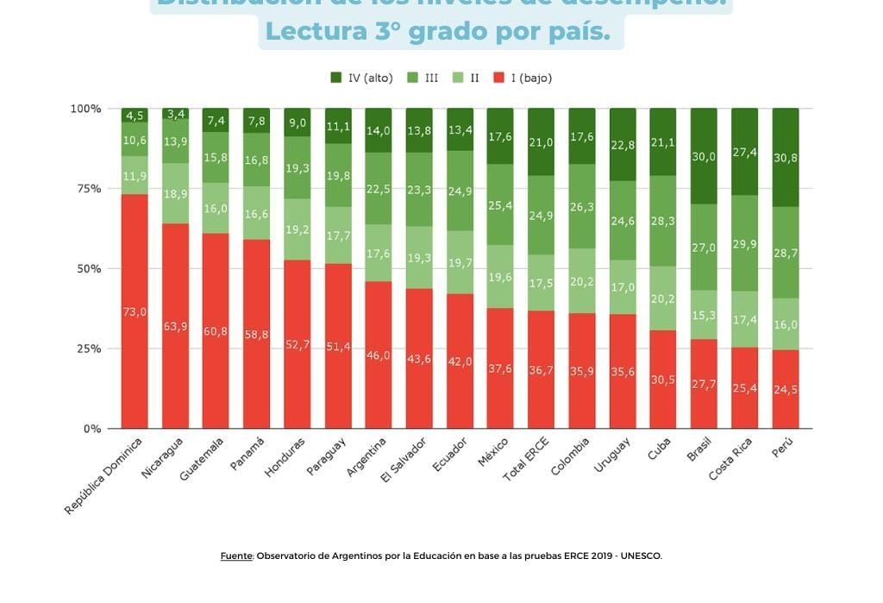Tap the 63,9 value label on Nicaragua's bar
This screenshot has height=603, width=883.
(175, 326)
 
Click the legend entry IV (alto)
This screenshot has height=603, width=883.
(361, 78)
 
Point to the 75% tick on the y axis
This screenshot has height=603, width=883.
(86, 189)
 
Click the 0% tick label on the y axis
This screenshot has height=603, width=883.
(91, 429)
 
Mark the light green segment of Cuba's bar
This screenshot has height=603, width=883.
(663, 298)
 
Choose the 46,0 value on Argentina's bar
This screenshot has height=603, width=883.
(379, 355)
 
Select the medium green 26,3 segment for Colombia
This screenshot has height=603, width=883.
(582, 207)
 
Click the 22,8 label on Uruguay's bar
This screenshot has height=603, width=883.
(623, 145)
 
